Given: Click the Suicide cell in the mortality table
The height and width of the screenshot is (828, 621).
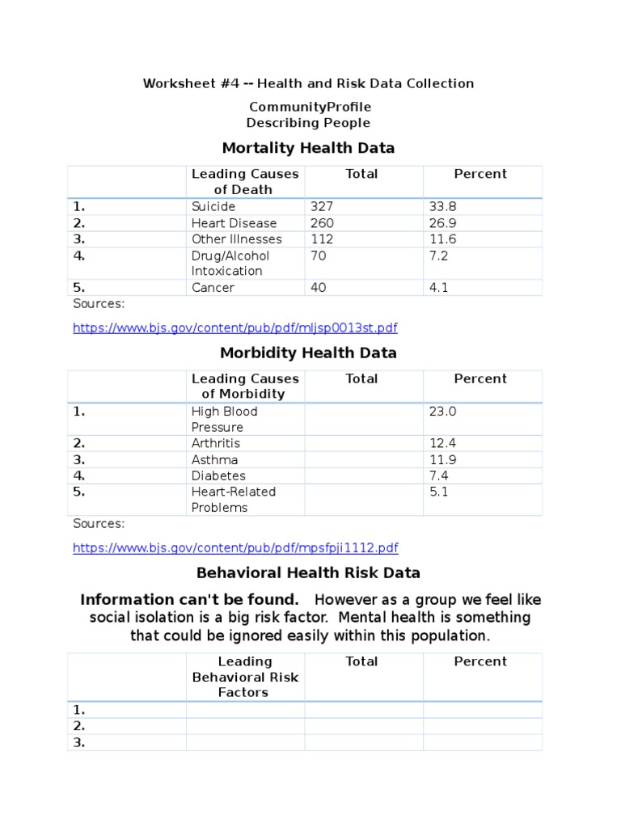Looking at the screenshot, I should [213, 207].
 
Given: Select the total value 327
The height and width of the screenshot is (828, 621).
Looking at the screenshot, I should [322, 207].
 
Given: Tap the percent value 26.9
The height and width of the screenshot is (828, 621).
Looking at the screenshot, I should [442, 223].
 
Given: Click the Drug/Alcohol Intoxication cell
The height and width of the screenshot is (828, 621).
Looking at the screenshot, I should [230, 264].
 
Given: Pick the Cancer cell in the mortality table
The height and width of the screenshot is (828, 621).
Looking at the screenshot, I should [213, 288].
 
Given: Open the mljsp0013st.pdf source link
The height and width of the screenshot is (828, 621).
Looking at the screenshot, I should [234, 328].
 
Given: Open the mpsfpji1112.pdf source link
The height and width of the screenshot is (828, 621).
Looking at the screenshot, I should [235, 548].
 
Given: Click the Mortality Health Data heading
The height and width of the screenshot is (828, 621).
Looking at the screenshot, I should [308, 148].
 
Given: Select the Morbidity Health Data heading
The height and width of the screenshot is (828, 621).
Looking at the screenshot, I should [308, 353].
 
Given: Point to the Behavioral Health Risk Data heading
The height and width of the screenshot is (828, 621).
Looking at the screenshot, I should [308, 573].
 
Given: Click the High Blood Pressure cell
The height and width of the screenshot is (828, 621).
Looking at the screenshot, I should [224, 419].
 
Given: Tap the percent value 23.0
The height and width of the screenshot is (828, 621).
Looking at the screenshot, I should [442, 412].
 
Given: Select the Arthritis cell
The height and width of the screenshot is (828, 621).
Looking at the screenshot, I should [215, 444].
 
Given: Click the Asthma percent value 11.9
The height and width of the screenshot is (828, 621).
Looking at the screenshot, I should [442, 460].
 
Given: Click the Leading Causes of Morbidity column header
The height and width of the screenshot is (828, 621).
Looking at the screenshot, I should [245, 387].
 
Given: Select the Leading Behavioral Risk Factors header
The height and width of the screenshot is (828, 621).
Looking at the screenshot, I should [245, 677].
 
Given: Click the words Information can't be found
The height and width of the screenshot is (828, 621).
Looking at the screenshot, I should [189, 600].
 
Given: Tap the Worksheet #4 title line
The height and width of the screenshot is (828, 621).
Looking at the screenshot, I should [308, 83].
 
